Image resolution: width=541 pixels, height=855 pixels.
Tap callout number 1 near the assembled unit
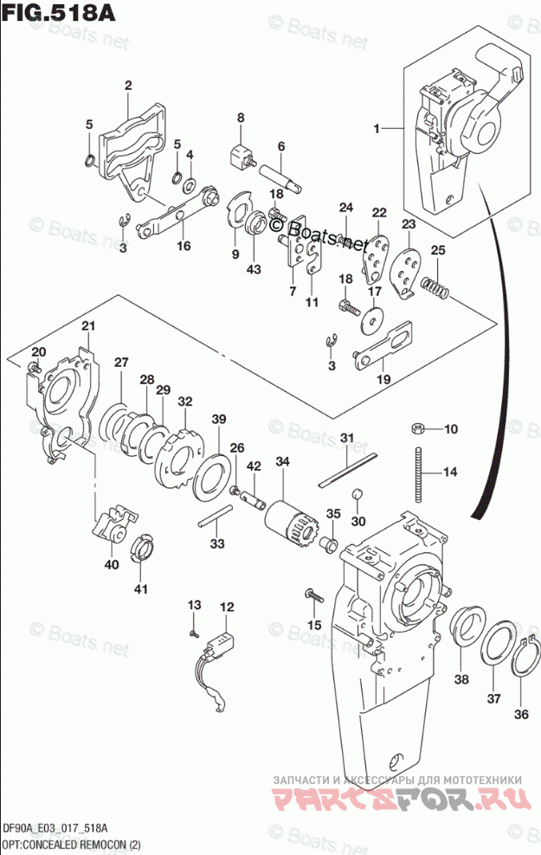[x=377, y=129]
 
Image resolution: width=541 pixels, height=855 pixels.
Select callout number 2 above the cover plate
[x=127, y=85]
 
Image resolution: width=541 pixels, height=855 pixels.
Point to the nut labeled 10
[x=416, y=428]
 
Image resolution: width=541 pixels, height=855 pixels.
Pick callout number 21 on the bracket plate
[x=87, y=325]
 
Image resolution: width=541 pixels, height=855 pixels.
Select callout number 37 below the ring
[x=493, y=698]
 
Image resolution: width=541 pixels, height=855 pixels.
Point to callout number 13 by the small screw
[x=194, y=603]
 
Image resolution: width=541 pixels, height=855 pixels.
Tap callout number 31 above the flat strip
[x=345, y=437]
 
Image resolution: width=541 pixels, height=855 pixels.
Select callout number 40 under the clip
[x=111, y=563]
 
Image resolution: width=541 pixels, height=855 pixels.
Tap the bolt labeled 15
[x=312, y=595]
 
